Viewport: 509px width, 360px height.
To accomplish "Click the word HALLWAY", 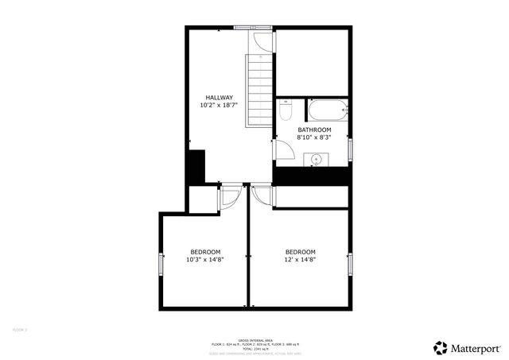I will click(219, 98).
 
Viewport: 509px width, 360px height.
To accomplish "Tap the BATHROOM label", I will click(314, 130).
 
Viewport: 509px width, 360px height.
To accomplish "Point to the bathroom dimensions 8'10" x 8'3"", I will click(313, 137).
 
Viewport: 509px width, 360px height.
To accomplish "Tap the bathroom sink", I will click(317, 160).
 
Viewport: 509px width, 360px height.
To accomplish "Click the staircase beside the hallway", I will click(258, 91).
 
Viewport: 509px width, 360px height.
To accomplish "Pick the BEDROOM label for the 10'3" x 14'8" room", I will click(205, 252).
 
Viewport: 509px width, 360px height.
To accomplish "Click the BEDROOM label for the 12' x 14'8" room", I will click(301, 252).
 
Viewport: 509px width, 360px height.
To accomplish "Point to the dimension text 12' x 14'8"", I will click(301, 259).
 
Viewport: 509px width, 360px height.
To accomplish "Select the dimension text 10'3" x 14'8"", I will click(205, 259).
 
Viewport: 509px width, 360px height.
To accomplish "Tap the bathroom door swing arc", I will click(282, 149).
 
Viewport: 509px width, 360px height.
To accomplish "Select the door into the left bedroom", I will click(229, 195).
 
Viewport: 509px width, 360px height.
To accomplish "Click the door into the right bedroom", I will click(261, 195).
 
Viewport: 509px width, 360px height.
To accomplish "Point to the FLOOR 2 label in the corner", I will click(20, 329).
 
